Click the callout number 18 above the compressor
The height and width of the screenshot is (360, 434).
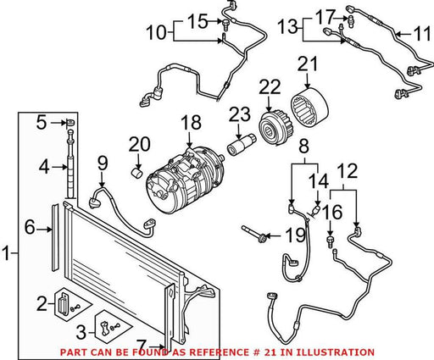coord(192,123)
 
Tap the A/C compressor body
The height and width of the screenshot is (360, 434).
coord(184,180)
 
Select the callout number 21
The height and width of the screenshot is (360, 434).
coord(308,64)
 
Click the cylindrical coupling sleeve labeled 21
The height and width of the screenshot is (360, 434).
coord(309,107)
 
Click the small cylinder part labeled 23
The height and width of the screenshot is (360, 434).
coord(242,145)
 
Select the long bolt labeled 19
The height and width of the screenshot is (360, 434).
coord(254,234)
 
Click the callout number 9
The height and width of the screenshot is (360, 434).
coord(103,163)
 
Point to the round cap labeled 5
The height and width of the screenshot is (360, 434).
coord(70,123)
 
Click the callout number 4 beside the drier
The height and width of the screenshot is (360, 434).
coord(44,167)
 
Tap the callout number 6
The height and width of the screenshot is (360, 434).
coord(30,227)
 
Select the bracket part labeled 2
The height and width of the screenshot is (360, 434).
coord(63,304)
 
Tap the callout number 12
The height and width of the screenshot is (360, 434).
coord(348,170)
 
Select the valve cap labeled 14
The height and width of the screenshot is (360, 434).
coord(316,210)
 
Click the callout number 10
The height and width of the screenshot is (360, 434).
coord(157,32)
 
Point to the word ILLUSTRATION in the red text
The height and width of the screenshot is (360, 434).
coord(334,352)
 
